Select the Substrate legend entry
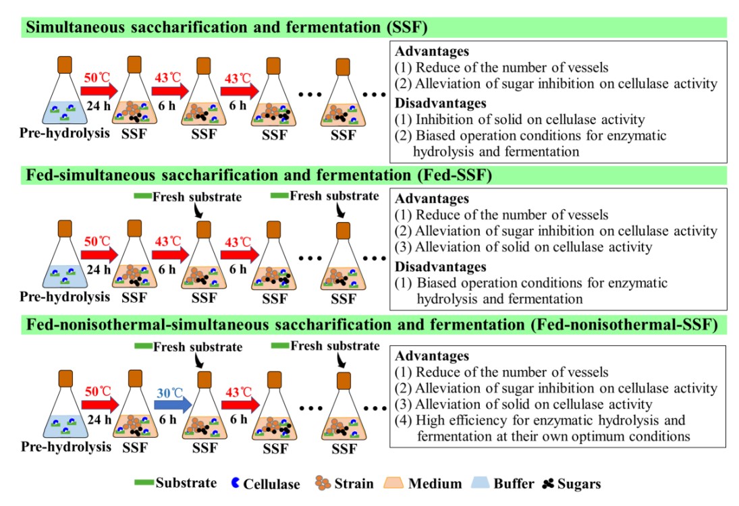177,483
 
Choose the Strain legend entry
344,483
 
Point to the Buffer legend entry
502,483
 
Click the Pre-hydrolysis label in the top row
63,133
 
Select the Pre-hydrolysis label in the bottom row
63,447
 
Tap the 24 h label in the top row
99,105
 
